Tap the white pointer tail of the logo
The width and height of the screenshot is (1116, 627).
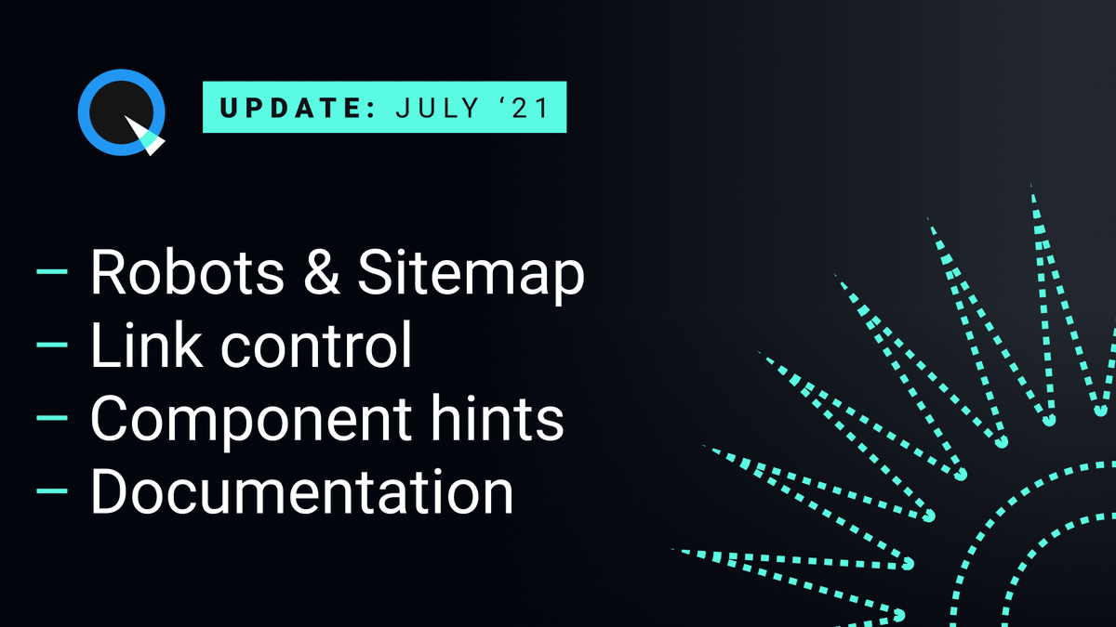pyautogui.click(x=152, y=139)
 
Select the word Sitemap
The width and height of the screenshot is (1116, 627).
pyautogui.click(x=471, y=275)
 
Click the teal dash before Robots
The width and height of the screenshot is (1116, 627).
pyautogui.click(x=52, y=273)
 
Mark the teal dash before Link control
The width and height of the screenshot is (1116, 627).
pyautogui.click(x=52, y=346)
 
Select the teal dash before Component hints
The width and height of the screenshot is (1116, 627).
pyautogui.click(x=52, y=418)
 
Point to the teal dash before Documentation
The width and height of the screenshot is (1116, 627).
pyautogui.click(x=52, y=490)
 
